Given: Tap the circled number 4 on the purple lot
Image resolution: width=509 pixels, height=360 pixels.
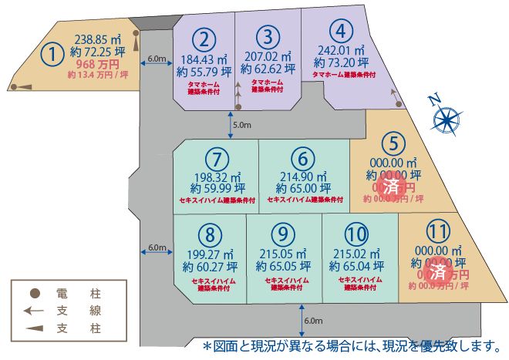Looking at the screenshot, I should (x=340, y=32).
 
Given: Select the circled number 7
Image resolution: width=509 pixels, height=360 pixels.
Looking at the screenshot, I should (x=218, y=159).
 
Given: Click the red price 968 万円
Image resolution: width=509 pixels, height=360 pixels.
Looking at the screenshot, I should (x=98, y=66).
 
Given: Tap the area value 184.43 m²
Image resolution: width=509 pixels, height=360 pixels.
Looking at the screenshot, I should (x=203, y=59).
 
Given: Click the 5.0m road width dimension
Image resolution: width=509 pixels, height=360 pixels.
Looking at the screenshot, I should (x=241, y=123).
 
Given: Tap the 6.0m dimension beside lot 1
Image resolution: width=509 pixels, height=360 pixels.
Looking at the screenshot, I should (x=157, y=59).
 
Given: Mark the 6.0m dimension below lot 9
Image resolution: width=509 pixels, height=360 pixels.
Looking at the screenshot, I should (x=313, y=320).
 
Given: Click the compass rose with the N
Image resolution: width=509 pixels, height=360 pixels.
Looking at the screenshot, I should (x=446, y=119).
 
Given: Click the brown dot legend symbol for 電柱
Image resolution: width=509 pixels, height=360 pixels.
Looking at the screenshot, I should (x=35, y=294).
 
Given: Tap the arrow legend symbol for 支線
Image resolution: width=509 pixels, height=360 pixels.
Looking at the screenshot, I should (x=33, y=311).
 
